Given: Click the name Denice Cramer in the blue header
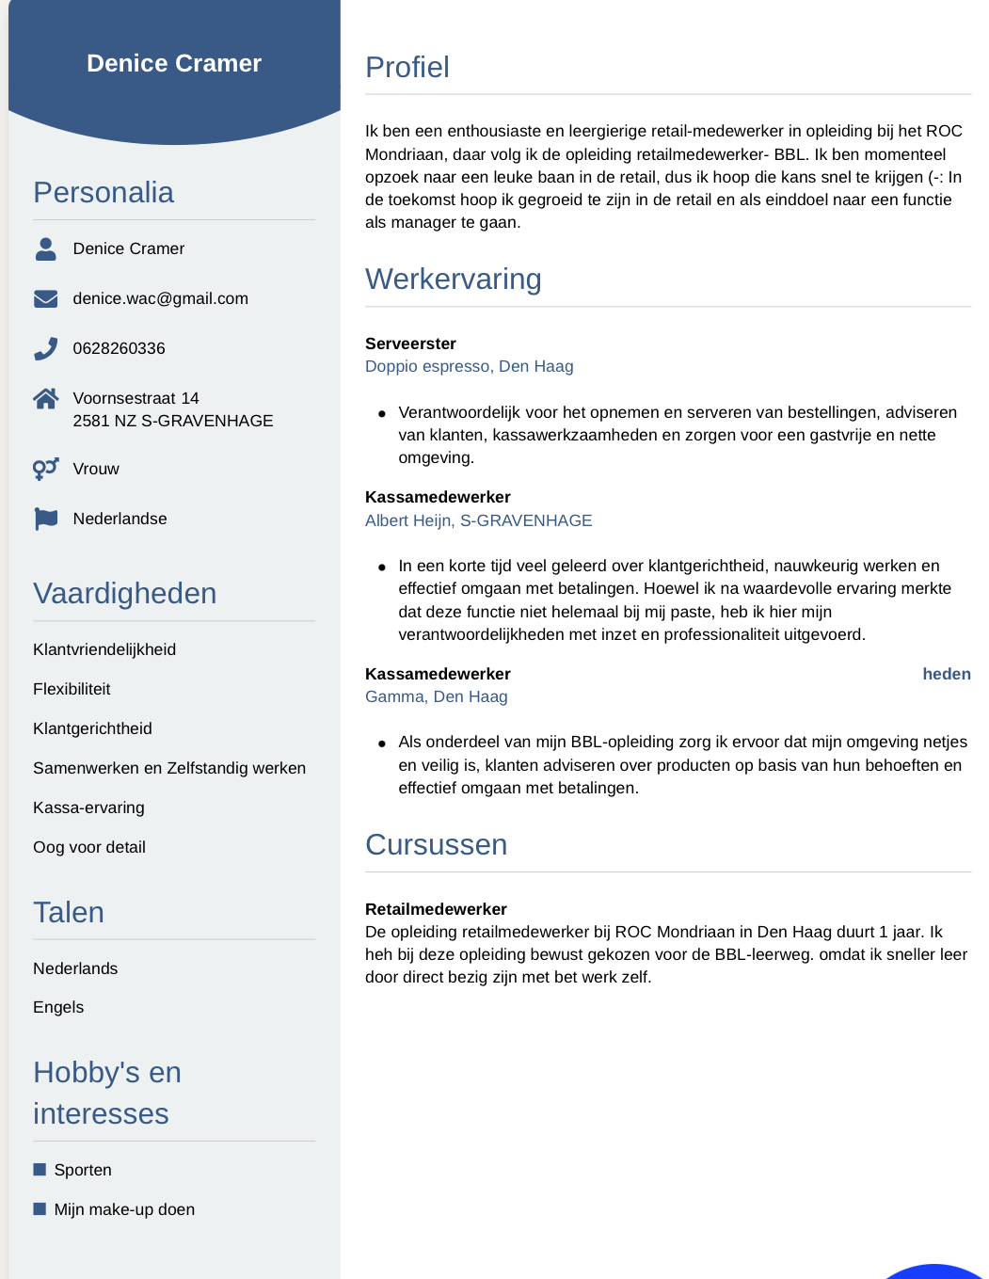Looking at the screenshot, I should pos(174,63).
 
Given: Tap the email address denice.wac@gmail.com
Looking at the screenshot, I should pos(160,298).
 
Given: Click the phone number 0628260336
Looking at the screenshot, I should pos(119,348).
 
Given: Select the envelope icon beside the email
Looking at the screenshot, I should pos(45,298).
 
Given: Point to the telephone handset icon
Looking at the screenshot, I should pos(45,349).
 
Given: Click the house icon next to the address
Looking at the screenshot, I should pos(45,399).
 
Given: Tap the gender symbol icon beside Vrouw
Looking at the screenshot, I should pos(45,468).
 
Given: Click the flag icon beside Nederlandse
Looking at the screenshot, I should pos(45,519).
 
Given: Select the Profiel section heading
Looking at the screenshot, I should pos(407,68).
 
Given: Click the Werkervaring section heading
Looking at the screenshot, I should pos(453,280).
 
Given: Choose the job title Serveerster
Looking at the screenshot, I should pos(410,344).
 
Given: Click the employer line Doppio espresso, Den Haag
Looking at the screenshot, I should pos(469,366).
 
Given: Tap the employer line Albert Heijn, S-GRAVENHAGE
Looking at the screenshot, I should pos(478,520).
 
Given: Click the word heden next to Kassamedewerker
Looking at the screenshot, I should pos(946,674).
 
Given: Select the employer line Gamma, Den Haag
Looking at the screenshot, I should pos(436,696).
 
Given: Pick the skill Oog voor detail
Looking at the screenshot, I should pos(89,847).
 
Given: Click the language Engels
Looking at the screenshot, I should pos(58,1007).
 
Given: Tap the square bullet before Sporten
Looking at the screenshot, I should pos(40,1170).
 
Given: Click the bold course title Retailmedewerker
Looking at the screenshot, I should pos(436,909).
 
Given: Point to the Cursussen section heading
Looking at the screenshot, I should pos(436,845).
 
